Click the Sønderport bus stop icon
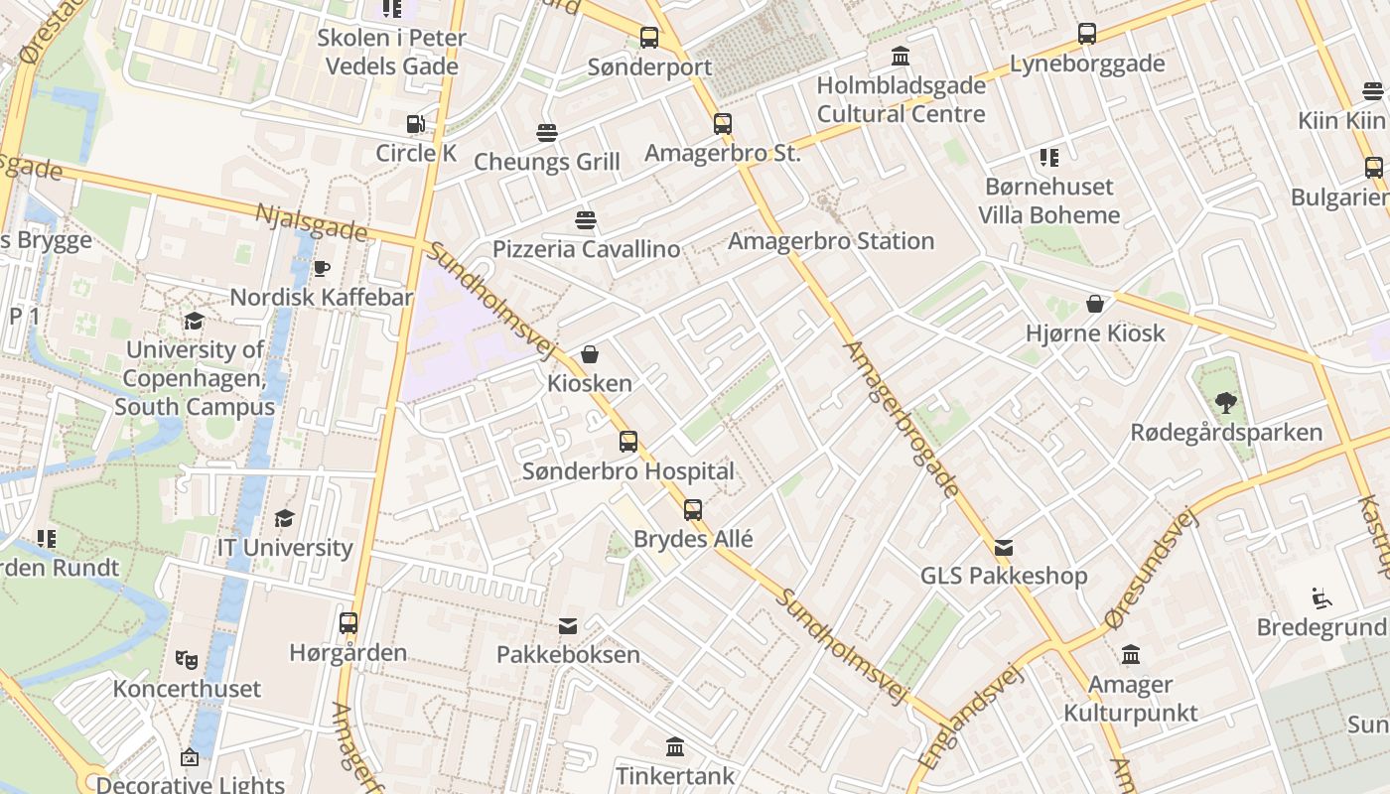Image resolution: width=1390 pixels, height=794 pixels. [x=649, y=38]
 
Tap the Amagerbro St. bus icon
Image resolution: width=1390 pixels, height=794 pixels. [x=723, y=124]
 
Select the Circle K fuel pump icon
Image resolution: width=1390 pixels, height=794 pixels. [x=415, y=124]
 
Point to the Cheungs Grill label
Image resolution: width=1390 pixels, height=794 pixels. [x=547, y=162]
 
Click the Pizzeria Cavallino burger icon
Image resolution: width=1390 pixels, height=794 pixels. [x=586, y=219]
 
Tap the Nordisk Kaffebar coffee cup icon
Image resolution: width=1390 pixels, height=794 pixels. [x=322, y=268]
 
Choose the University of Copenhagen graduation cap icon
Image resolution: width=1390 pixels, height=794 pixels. [x=194, y=321]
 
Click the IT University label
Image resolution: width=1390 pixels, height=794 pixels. [x=285, y=548]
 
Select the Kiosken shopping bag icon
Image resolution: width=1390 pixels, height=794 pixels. [x=590, y=354]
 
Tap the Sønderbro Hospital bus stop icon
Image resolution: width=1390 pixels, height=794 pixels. [x=628, y=442]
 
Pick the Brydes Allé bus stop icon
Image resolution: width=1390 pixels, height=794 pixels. [x=693, y=510]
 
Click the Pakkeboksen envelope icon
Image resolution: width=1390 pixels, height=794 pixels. [x=568, y=625]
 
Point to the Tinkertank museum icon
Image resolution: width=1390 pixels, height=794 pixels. [x=675, y=746]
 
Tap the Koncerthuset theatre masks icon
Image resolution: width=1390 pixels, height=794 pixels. [x=186, y=658]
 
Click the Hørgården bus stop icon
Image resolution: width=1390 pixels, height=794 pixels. [x=348, y=623]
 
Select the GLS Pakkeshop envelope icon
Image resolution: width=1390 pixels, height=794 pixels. [x=1004, y=547]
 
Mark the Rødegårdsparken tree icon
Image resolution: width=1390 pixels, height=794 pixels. [x=1226, y=403]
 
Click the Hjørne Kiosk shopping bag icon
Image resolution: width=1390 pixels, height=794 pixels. [x=1095, y=304]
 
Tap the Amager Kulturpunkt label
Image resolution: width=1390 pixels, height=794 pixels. [x=1131, y=699]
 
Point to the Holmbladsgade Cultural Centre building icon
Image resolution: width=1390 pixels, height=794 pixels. [x=901, y=56]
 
